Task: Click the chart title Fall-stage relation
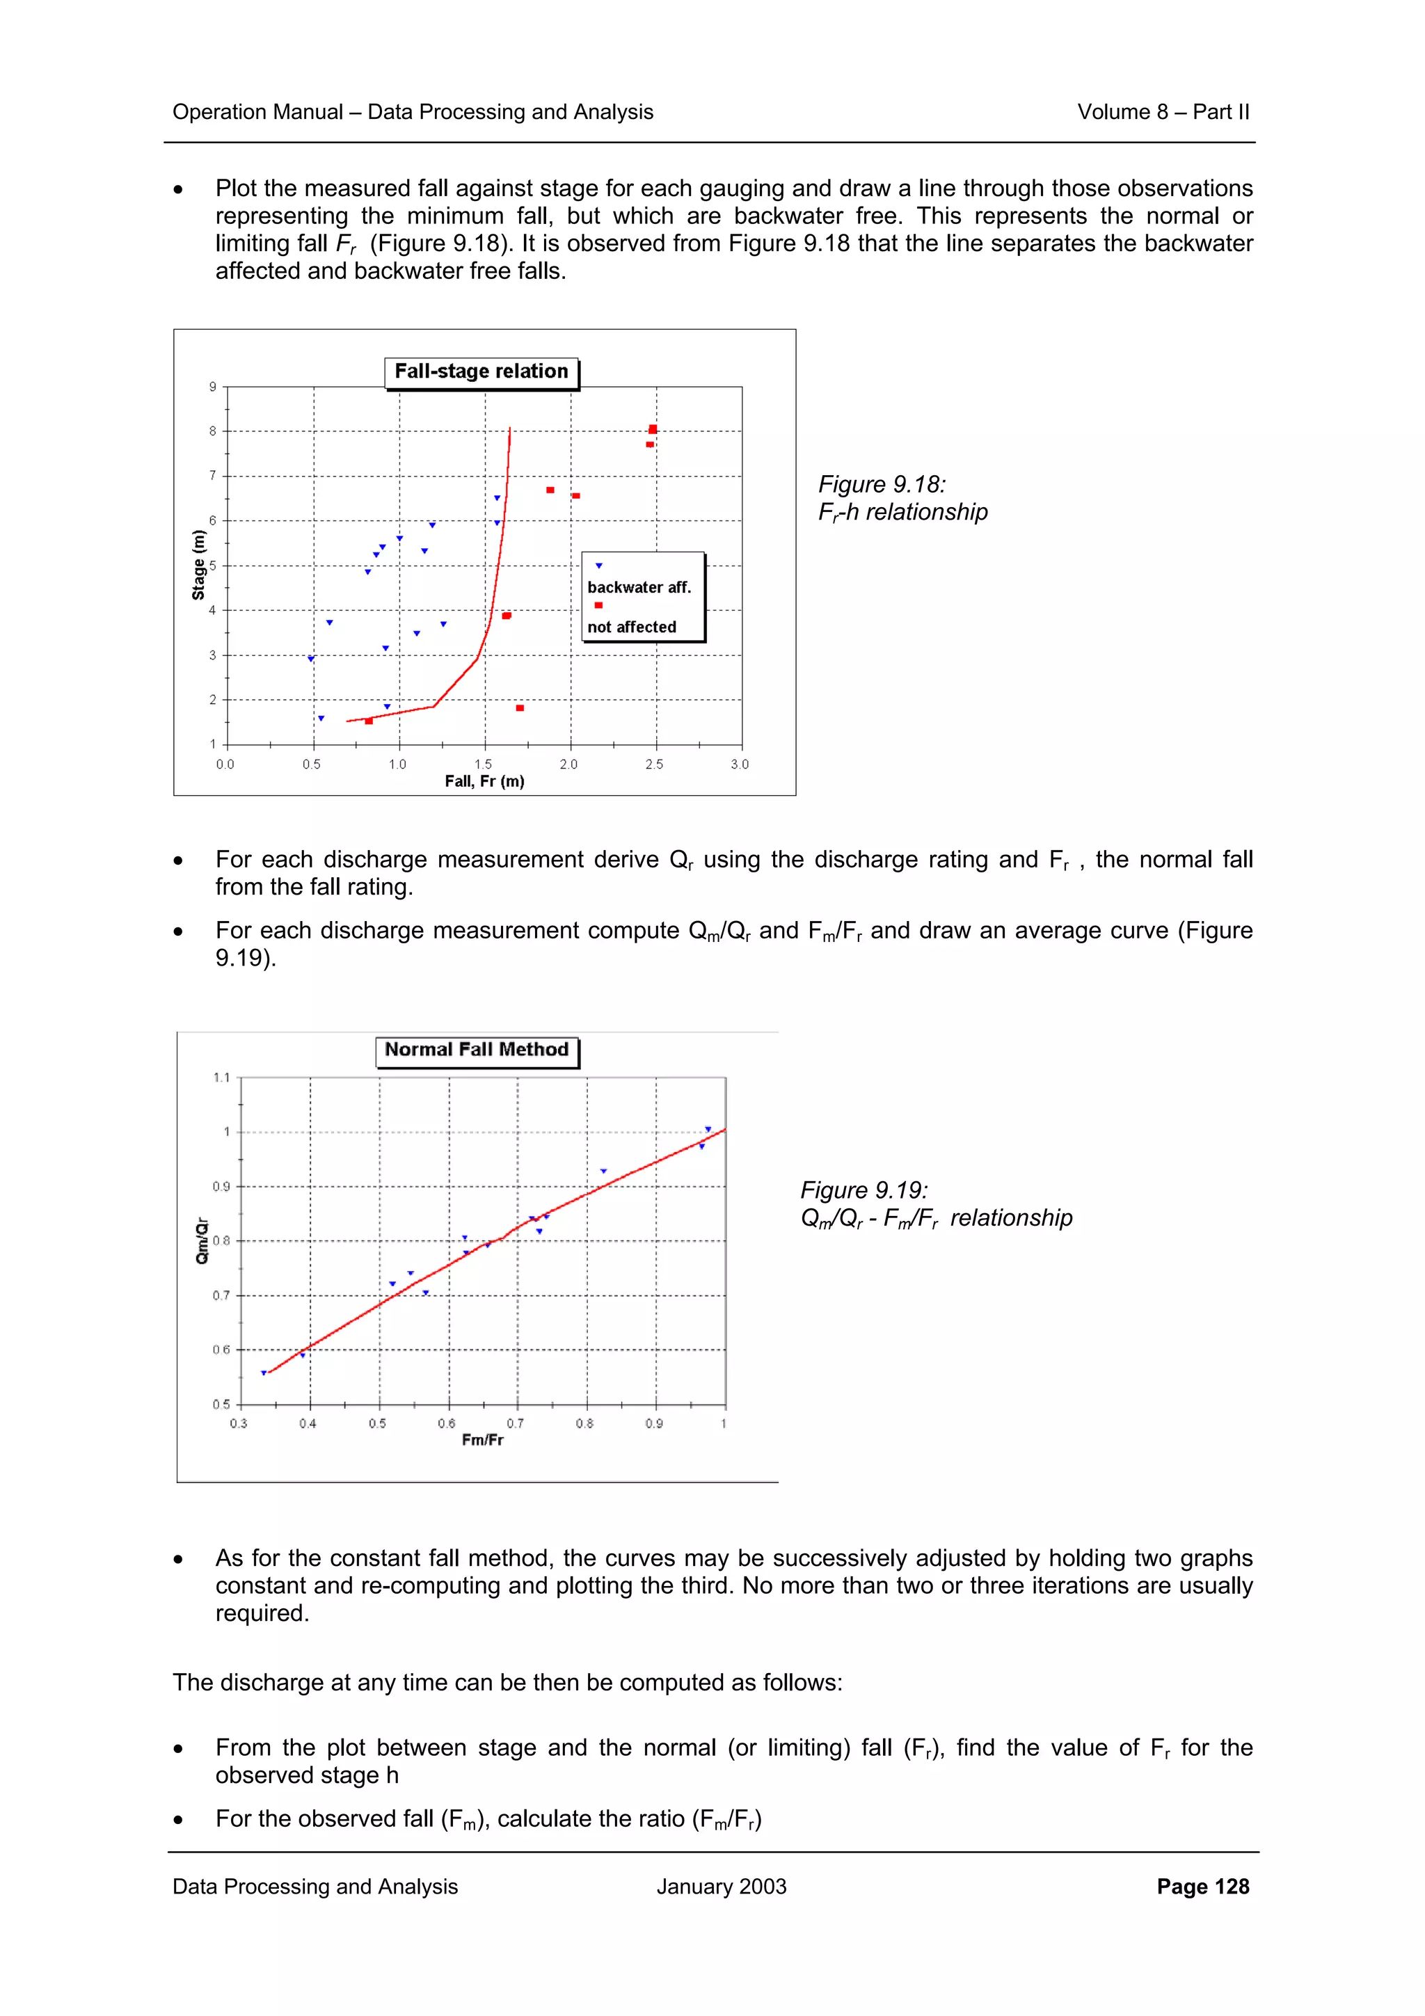point(481,371)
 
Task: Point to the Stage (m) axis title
point(198,566)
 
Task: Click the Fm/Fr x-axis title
point(482,1440)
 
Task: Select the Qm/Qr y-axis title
point(202,1240)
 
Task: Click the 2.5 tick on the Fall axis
point(654,765)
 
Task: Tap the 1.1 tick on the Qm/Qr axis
point(221,1078)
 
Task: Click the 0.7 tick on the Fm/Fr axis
point(516,1423)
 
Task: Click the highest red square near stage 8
point(653,429)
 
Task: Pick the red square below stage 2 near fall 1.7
point(520,707)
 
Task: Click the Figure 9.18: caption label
point(882,485)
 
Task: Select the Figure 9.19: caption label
point(864,1191)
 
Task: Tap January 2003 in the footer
point(721,1887)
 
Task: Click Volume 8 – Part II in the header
point(1163,113)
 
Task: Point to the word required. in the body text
point(262,1614)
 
